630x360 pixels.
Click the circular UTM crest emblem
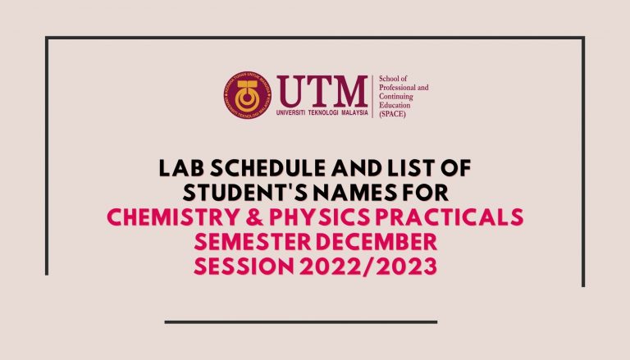click(x=248, y=95)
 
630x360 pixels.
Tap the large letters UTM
click(x=322, y=91)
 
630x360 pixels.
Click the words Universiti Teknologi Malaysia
click(x=322, y=113)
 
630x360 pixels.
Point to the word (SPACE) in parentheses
click(x=393, y=114)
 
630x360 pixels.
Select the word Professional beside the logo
click(x=396, y=88)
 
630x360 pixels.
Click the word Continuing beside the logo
click(x=396, y=97)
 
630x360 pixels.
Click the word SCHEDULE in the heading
click(x=267, y=168)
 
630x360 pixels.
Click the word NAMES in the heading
click(x=352, y=193)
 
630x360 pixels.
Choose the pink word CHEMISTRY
click(x=173, y=217)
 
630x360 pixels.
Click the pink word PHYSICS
click(x=319, y=217)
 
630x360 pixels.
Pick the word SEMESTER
click(x=253, y=241)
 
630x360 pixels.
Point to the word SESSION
click(x=244, y=267)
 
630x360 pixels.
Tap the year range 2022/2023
click(x=367, y=267)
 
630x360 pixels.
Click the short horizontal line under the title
click(x=301, y=321)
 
